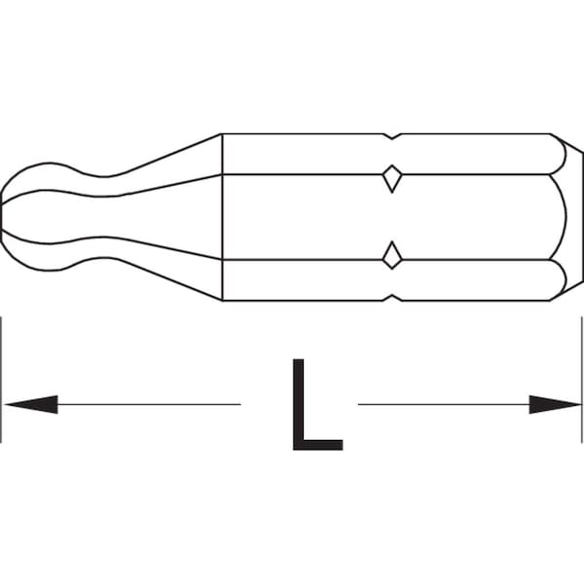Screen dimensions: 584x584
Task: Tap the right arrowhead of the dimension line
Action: pos(555,403)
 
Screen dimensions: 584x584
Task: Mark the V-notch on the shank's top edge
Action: pos(391,135)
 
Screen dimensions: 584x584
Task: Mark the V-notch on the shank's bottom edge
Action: pos(391,297)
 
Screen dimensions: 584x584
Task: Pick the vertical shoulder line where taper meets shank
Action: pos(223,216)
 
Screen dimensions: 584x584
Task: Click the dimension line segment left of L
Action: pos(146,403)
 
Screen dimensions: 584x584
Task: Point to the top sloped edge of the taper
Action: pos(165,156)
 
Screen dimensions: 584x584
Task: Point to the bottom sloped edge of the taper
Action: pos(165,277)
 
